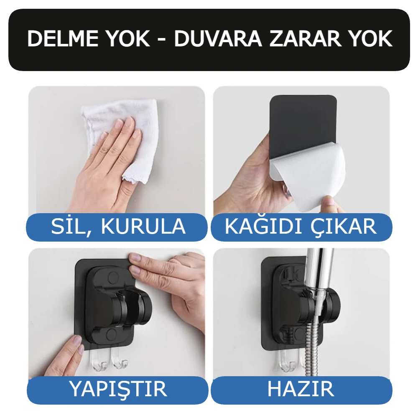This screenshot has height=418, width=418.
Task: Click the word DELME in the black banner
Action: point(63,39)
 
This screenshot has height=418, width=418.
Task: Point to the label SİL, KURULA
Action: point(118,227)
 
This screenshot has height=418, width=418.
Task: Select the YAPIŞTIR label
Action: point(118,389)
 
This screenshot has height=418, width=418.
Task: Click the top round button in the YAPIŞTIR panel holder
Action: point(113,277)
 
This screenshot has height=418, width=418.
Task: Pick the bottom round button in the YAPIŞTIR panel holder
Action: point(112,334)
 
